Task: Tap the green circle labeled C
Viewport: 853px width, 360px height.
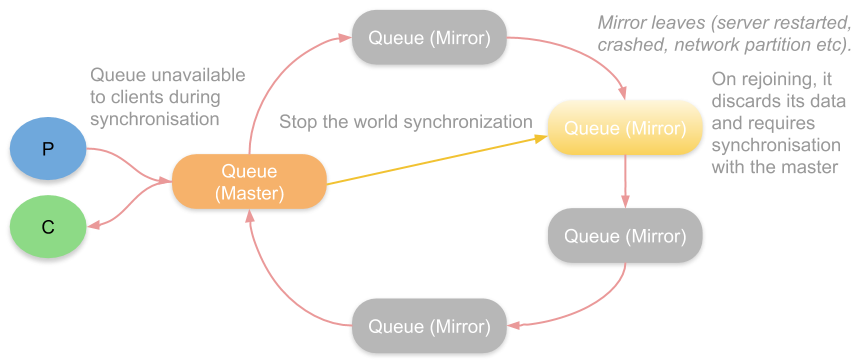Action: tap(48, 226)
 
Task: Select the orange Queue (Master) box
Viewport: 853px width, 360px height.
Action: tap(249, 182)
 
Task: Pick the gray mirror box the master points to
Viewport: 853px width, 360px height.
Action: tap(429, 38)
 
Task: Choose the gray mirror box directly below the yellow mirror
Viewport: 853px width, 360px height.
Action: tap(625, 236)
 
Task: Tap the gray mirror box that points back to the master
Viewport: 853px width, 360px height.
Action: tap(429, 326)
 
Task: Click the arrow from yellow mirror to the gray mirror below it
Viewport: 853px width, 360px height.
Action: tap(625, 181)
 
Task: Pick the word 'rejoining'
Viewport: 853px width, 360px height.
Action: tap(774, 79)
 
